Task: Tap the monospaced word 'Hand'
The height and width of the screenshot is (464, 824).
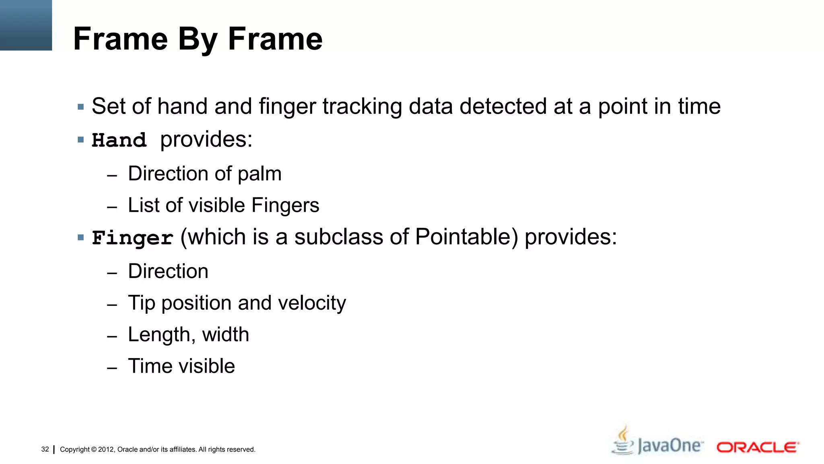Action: point(119,141)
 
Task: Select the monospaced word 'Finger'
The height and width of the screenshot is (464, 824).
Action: point(132,238)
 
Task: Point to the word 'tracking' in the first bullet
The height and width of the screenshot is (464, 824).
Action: point(362,107)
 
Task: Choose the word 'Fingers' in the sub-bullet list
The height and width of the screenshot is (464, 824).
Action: point(285,205)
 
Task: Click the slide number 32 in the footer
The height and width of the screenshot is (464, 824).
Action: point(45,449)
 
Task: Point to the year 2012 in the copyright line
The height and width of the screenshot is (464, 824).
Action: point(106,449)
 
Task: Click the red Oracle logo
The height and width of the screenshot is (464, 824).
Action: point(758,447)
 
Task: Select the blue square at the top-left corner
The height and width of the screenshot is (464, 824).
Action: point(26,25)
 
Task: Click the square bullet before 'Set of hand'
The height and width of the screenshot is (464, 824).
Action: point(81,107)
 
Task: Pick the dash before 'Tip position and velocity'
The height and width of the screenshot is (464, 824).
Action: point(112,305)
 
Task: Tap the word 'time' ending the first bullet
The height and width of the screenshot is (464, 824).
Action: point(699,107)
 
